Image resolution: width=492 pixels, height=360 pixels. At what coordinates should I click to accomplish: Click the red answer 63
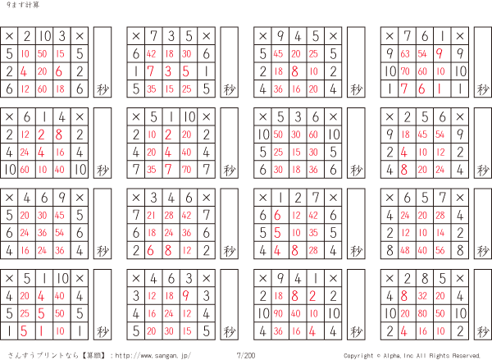[405, 54]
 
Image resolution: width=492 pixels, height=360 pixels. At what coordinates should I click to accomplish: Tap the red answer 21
[151, 216]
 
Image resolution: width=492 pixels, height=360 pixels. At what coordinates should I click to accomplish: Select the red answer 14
[440, 233]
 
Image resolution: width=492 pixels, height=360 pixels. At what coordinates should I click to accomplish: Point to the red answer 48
[405, 250]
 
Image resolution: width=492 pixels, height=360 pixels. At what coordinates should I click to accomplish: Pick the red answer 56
[440, 250]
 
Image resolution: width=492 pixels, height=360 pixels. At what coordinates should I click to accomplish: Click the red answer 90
[278, 313]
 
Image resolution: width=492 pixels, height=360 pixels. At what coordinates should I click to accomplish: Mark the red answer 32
[422, 296]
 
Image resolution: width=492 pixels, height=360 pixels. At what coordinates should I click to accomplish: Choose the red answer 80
[422, 313]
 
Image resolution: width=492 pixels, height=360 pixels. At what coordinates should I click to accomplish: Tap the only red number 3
[168, 71]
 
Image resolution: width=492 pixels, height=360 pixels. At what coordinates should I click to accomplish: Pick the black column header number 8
[425, 278]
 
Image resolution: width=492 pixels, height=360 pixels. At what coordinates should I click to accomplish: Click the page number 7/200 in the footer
[246, 355]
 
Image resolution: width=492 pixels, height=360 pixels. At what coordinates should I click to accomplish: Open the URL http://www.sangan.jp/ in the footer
[153, 356]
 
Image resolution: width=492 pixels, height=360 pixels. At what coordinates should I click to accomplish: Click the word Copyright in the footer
[358, 356]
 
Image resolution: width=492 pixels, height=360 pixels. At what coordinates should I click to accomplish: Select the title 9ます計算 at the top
[23, 5]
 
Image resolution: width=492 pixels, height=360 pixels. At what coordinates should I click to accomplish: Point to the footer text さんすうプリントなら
[43, 356]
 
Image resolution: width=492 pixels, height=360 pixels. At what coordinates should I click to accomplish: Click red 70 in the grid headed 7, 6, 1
[405, 71]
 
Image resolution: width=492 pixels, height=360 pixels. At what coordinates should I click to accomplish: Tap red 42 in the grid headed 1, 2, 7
[313, 216]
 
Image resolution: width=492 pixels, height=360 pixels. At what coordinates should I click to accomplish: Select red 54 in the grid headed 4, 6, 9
[60, 233]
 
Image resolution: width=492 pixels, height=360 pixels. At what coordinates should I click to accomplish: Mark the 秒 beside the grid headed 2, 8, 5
[483, 331]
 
